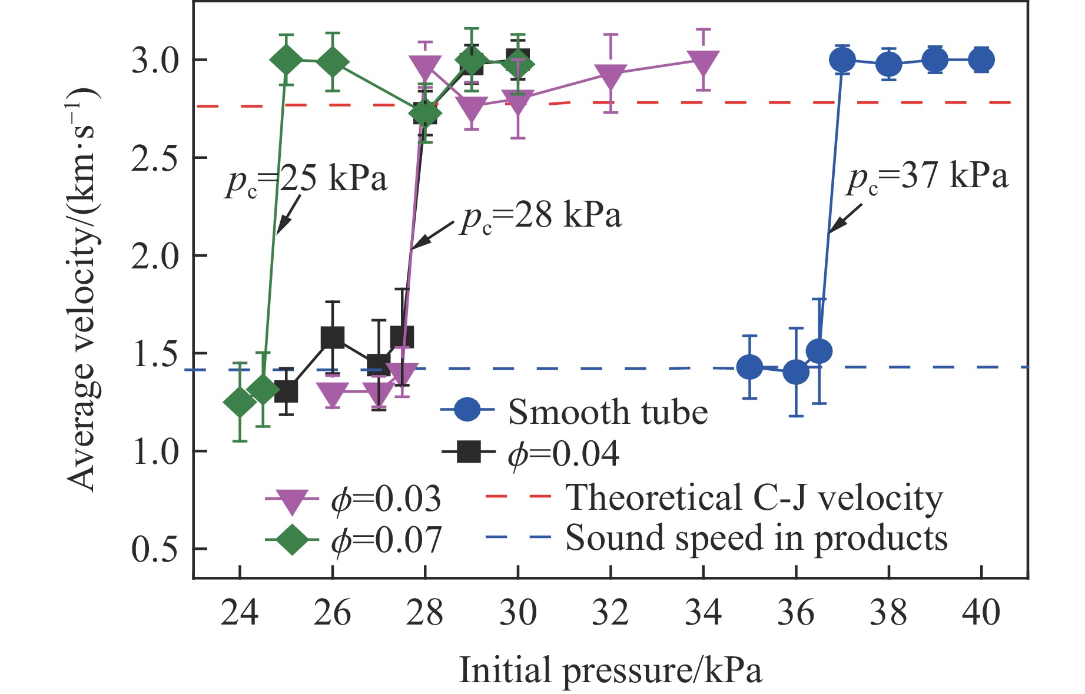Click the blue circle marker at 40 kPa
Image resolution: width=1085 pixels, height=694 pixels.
(981, 59)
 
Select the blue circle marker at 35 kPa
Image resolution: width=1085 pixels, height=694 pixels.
(749, 367)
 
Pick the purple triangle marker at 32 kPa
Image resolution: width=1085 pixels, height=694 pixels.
(611, 74)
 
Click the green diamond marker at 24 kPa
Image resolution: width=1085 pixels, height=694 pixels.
(240, 403)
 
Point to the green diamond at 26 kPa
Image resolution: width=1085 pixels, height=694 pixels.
(333, 61)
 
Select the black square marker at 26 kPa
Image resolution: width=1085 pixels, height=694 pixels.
(333, 337)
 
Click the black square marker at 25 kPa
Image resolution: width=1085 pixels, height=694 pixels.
(286, 391)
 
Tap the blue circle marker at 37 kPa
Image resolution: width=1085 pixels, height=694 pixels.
(842, 59)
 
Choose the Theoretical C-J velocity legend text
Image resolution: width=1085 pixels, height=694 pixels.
(754, 497)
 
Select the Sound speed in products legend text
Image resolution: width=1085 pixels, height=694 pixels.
(756, 537)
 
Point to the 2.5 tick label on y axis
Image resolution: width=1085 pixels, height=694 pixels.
(154, 158)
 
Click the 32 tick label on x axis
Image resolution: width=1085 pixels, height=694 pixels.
(611, 613)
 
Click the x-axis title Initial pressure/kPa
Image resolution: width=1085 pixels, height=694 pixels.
(610, 670)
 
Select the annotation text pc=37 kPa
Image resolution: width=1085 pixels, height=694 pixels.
(928, 177)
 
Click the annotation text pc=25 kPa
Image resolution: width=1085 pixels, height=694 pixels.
(306, 179)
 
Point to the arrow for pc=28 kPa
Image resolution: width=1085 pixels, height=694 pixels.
(433, 235)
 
